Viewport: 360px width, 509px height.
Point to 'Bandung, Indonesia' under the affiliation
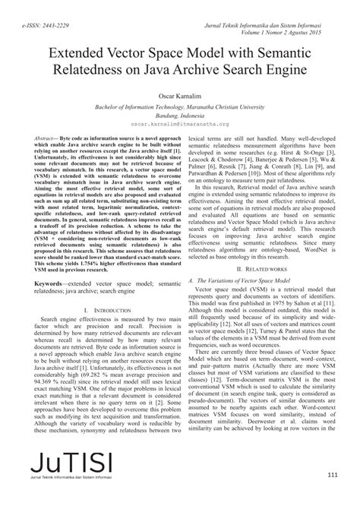click(179, 113)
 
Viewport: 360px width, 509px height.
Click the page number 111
click(332, 475)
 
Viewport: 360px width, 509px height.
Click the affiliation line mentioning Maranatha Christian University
click(179, 106)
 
